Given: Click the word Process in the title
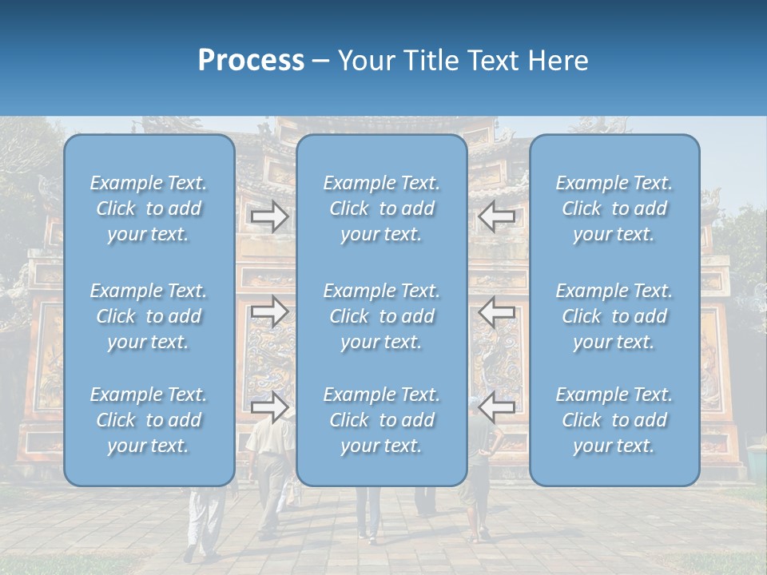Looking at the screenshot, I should tap(251, 61).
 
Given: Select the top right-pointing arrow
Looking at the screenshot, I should tap(270, 216).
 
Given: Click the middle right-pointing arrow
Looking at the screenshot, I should tap(270, 311).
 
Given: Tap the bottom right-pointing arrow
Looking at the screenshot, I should tap(270, 407).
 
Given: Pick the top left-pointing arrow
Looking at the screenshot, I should tap(497, 216).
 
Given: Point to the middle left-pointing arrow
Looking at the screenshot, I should tap(497, 311).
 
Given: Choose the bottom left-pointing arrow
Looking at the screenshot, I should tap(497, 407).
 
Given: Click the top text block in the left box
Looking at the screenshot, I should tap(149, 208).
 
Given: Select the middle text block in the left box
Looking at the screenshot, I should tap(149, 316).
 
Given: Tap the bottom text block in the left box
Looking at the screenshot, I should tap(149, 420).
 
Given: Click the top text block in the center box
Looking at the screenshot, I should tap(382, 208).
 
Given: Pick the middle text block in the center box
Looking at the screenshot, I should tap(382, 316).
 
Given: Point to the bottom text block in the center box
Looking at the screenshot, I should tap(382, 420).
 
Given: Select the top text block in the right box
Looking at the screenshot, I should tap(614, 208).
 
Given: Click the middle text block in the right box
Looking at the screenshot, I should tap(614, 316).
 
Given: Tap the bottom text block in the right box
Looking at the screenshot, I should tap(614, 420).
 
